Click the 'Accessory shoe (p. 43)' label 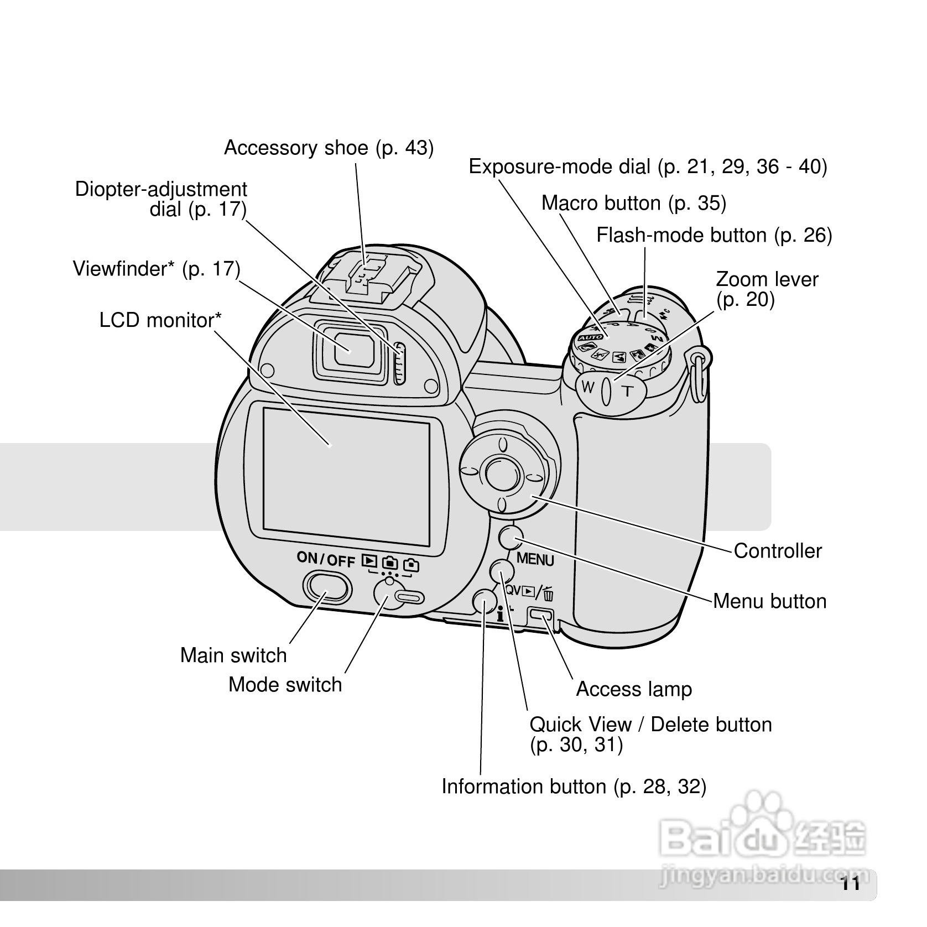pyautogui.click(x=329, y=148)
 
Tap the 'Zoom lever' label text pyautogui.click(x=767, y=280)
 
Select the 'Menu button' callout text pyautogui.click(x=769, y=601)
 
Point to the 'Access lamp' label pyautogui.click(x=634, y=689)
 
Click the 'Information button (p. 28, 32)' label pyautogui.click(x=574, y=787)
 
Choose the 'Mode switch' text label pyautogui.click(x=285, y=685)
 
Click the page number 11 pyautogui.click(x=851, y=884)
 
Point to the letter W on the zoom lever pyautogui.click(x=588, y=387)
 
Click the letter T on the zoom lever pyautogui.click(x=627, y=392)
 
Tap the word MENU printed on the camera pyautogui.click(x=535, y=559)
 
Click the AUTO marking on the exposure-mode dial pyautogui.click(x=591, y=337)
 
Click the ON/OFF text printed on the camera pyautogui.click(x=326, y=559)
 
